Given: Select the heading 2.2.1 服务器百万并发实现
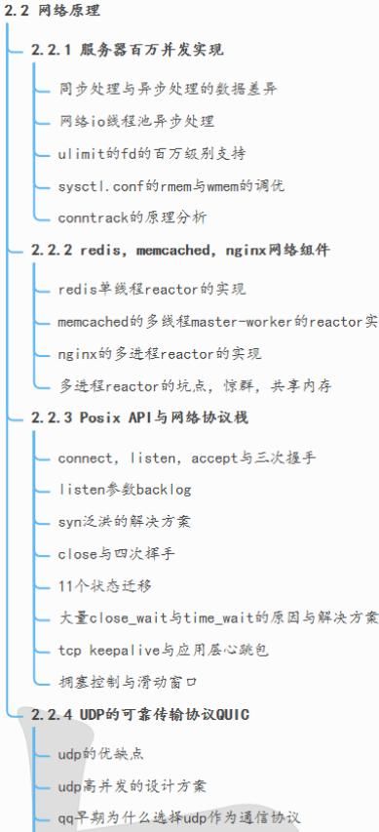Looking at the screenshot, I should pos(127,49).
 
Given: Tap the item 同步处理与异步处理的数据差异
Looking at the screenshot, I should pos(167,89).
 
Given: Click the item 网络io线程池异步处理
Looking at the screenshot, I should pos(136,121).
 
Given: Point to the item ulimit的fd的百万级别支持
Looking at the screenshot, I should pos(151,153).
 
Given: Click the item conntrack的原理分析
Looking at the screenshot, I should pos(132,218).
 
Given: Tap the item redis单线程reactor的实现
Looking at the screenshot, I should pos(151,290).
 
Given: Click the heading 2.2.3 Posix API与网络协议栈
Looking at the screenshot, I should pos(139,417).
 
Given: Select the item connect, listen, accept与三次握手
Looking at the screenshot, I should pos(185,457).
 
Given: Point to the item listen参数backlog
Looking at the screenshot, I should pos(125,490).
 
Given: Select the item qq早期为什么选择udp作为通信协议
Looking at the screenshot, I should pos(178,817).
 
